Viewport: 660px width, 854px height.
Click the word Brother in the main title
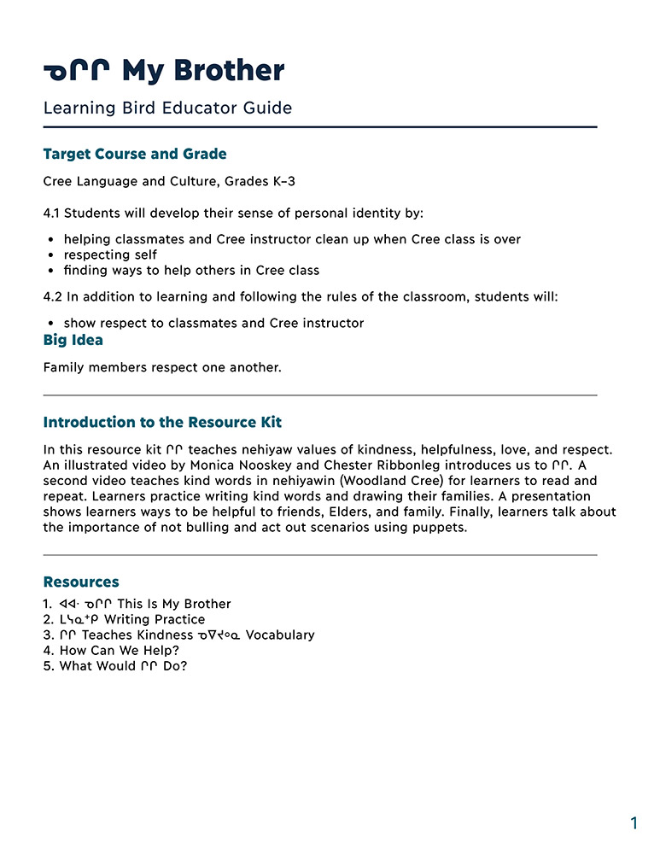231,71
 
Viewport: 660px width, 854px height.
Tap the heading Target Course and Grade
135,155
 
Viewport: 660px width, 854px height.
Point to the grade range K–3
272,182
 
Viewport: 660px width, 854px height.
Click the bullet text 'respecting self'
110,254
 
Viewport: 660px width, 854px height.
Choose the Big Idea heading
73,340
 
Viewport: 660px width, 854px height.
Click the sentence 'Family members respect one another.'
162,367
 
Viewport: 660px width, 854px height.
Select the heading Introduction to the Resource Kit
162,422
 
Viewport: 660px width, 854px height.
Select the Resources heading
81,582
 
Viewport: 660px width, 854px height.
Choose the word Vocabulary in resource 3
280,635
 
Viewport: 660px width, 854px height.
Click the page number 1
634,823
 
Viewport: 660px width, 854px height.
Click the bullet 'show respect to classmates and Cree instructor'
213,323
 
